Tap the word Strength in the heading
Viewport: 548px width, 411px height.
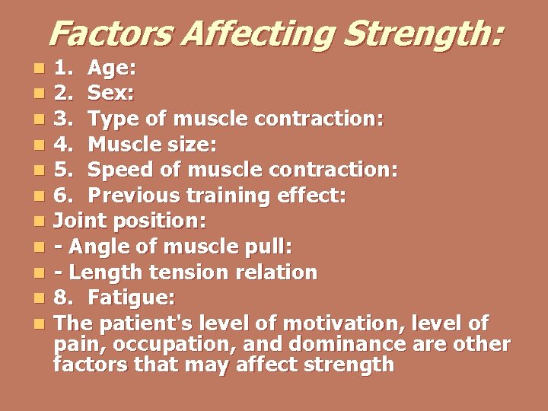(427, 33)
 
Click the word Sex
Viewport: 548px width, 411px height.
(111, 94)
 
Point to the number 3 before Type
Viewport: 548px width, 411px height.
(64, 119)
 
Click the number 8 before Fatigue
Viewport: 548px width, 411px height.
(63, 297)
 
